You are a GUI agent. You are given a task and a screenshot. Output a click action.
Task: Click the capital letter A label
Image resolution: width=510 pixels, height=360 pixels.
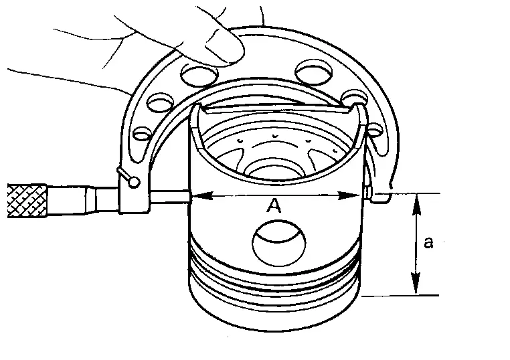274,206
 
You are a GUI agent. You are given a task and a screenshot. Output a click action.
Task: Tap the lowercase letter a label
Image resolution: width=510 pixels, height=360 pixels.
429,242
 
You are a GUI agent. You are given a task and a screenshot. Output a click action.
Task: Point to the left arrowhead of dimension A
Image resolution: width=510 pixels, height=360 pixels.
203,196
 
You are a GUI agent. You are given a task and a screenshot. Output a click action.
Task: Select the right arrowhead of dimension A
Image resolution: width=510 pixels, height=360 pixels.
349,195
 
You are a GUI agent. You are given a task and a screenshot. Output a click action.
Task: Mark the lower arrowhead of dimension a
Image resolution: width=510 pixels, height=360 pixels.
416,284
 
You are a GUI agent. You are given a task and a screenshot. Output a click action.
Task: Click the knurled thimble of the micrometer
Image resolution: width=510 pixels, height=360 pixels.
27,201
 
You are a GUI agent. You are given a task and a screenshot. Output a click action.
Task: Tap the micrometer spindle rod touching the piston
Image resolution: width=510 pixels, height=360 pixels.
169,197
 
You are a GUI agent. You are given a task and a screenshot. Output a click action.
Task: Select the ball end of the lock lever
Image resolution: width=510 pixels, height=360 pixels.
134,182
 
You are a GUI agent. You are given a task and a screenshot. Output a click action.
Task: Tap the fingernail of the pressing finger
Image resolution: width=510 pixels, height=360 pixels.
224,44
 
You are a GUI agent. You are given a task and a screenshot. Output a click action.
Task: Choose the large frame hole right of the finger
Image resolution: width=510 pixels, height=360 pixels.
314,72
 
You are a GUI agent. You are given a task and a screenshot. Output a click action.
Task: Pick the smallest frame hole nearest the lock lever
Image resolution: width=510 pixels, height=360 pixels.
143,134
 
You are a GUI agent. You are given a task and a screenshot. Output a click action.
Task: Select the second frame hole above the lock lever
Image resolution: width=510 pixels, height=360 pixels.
161,103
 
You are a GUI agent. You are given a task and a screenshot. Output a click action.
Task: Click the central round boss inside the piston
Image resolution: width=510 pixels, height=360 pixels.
275,170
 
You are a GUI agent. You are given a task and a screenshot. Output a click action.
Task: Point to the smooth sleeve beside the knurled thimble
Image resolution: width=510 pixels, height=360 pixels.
83,200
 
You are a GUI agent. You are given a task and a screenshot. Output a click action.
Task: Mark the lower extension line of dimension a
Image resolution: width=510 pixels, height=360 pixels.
400,296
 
